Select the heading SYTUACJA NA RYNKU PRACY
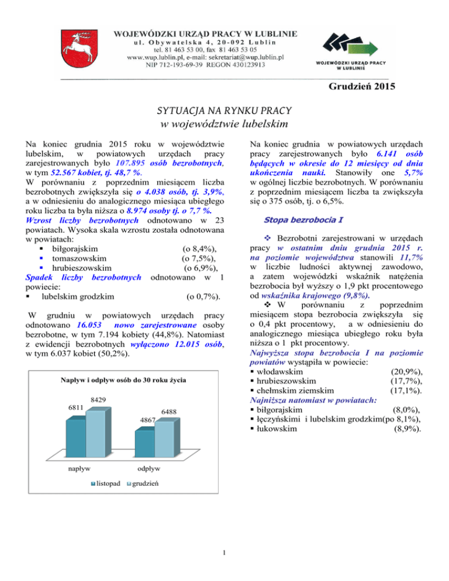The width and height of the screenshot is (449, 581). tap(224, 111)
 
